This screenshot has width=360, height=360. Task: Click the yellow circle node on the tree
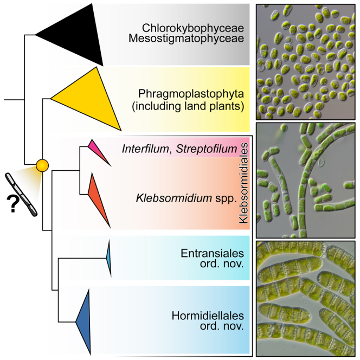pyautogui.click(x=42, y=163)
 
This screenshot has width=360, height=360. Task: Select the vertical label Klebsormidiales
pyautogui.click(x=242, y=184)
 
